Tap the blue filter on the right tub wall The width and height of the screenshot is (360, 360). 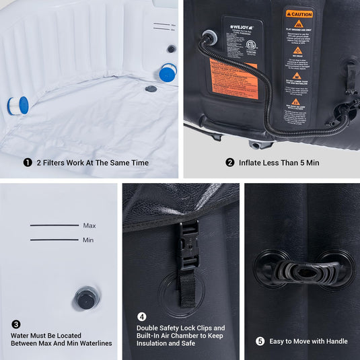[168, 71]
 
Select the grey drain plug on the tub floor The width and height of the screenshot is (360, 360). [151, 88]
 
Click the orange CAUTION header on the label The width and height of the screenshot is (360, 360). [299, 13]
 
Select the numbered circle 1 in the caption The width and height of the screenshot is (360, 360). [28, 162]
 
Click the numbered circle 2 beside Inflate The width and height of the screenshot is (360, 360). [230, 162]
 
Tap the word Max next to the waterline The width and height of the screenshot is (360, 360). [89, 226]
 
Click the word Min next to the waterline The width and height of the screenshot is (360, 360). [88, 240]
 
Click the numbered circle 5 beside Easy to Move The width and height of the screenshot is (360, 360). [260, 341]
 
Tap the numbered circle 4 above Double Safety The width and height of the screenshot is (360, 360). [142, 316]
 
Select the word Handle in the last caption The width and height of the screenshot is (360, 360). [334, 341]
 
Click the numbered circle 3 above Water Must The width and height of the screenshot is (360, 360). [16, 324]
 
